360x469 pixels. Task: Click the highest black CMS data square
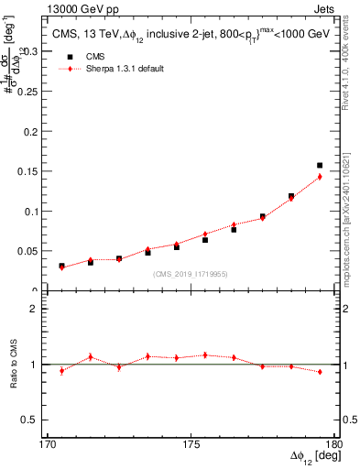320,166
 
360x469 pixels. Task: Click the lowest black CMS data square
61,267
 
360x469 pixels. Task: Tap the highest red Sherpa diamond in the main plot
320,177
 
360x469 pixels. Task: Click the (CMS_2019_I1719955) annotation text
190,273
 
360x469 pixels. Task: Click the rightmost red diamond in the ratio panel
320,371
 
